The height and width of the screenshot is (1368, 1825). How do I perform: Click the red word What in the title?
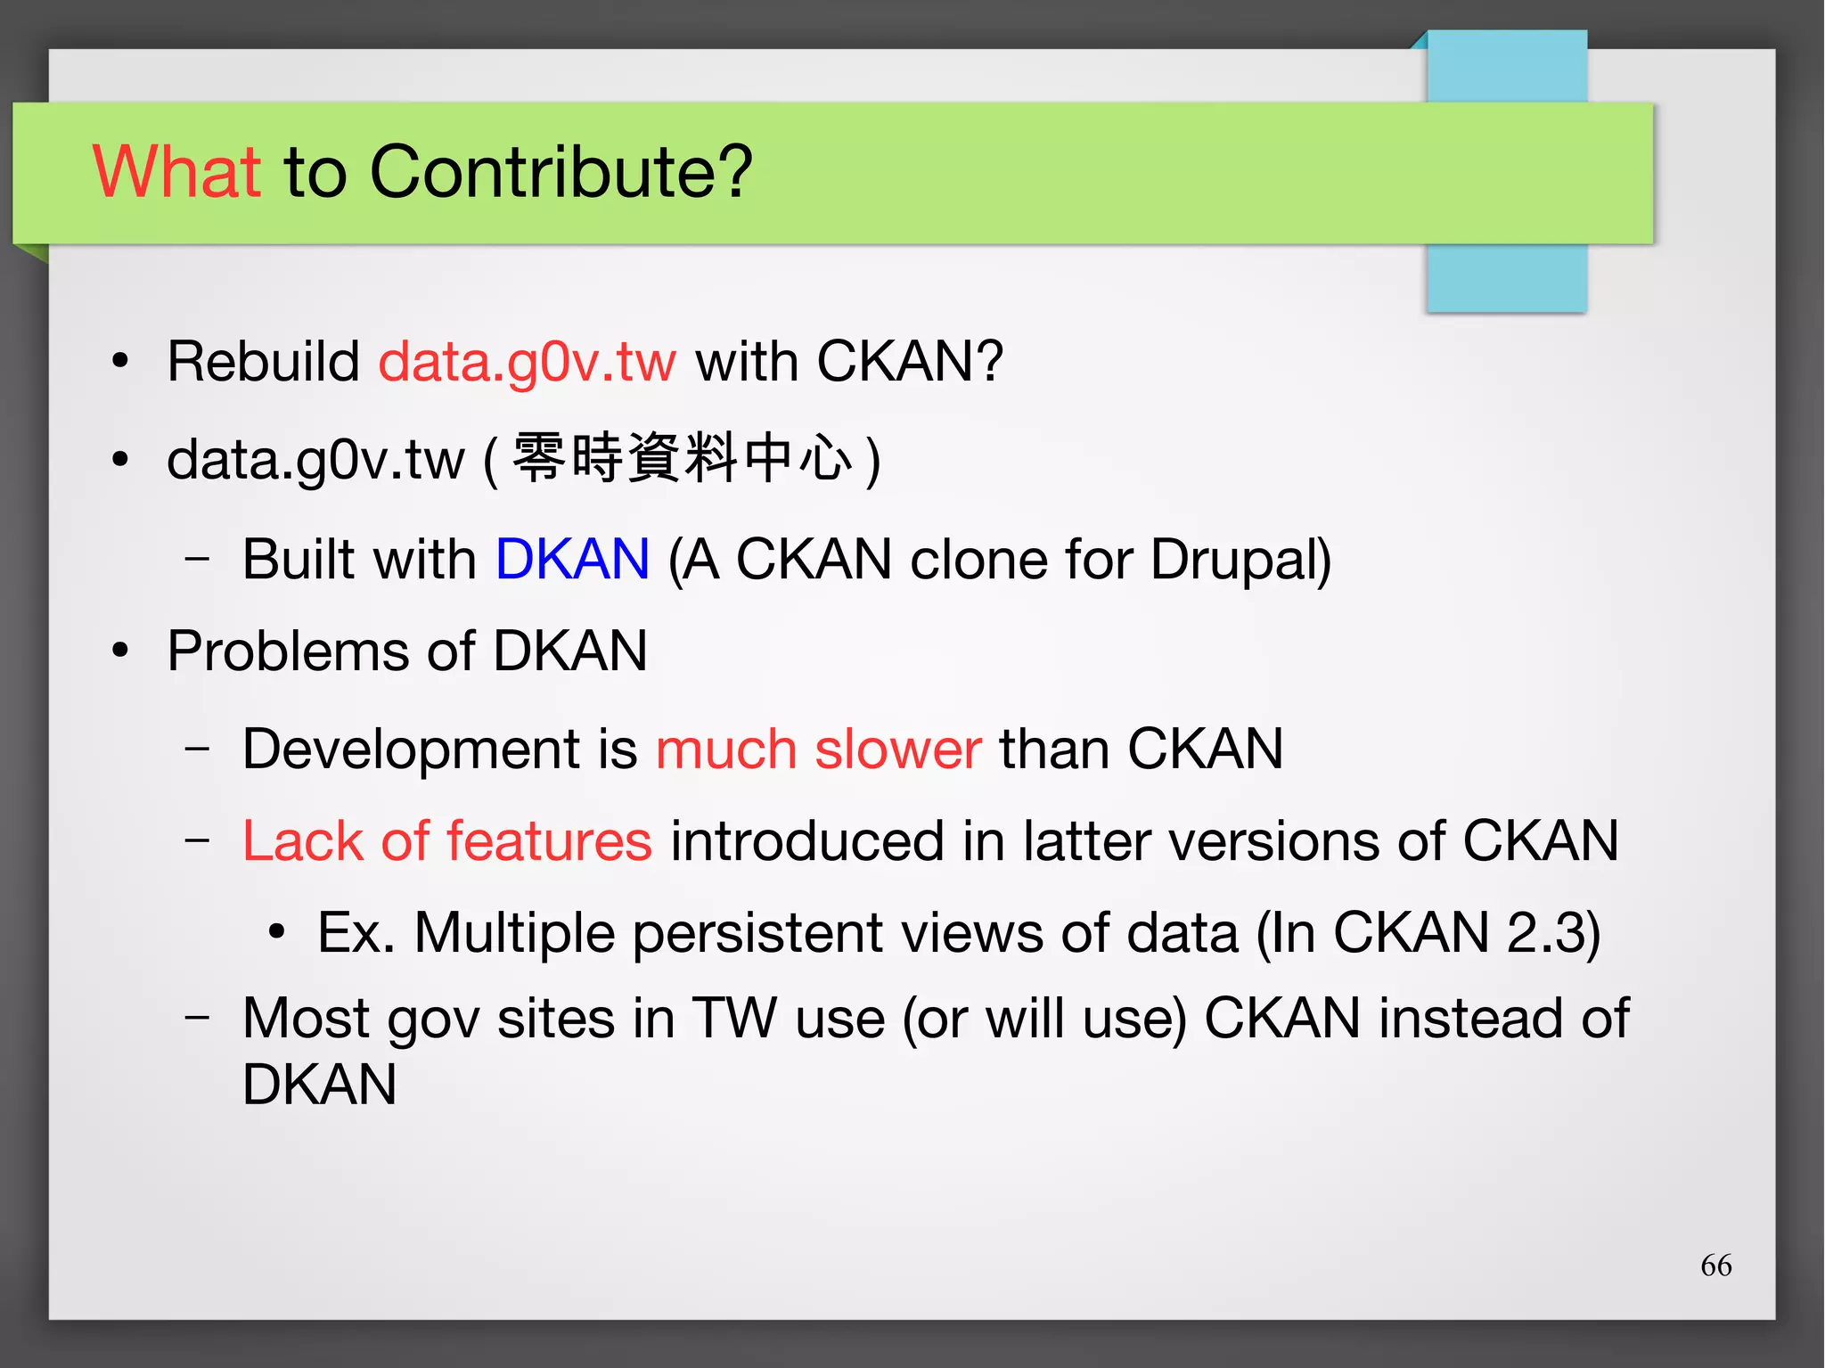click(x=176, y=171)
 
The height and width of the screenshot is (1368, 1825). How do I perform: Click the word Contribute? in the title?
click(x=561, y=171)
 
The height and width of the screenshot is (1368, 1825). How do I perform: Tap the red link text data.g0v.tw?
click(x=527, y=363)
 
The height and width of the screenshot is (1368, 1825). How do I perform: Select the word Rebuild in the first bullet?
click(x=263, y=362)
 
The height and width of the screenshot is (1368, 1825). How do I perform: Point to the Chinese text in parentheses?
click(x=682, y=458)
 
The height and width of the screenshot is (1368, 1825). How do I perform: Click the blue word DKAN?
click(x=572, y=560)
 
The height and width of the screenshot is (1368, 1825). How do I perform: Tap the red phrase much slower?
click(x=818, y=749)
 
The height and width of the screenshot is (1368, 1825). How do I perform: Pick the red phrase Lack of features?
click(x=446, y=840)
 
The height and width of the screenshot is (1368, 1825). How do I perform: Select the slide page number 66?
click(x=1715, y=1265)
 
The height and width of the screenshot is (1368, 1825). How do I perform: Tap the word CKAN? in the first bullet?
click(x=910, y=362)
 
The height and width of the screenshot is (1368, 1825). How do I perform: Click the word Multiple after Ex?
click(x=514, y=934)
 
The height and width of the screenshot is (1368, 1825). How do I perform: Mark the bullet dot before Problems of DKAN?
click(x=120, y=651)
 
